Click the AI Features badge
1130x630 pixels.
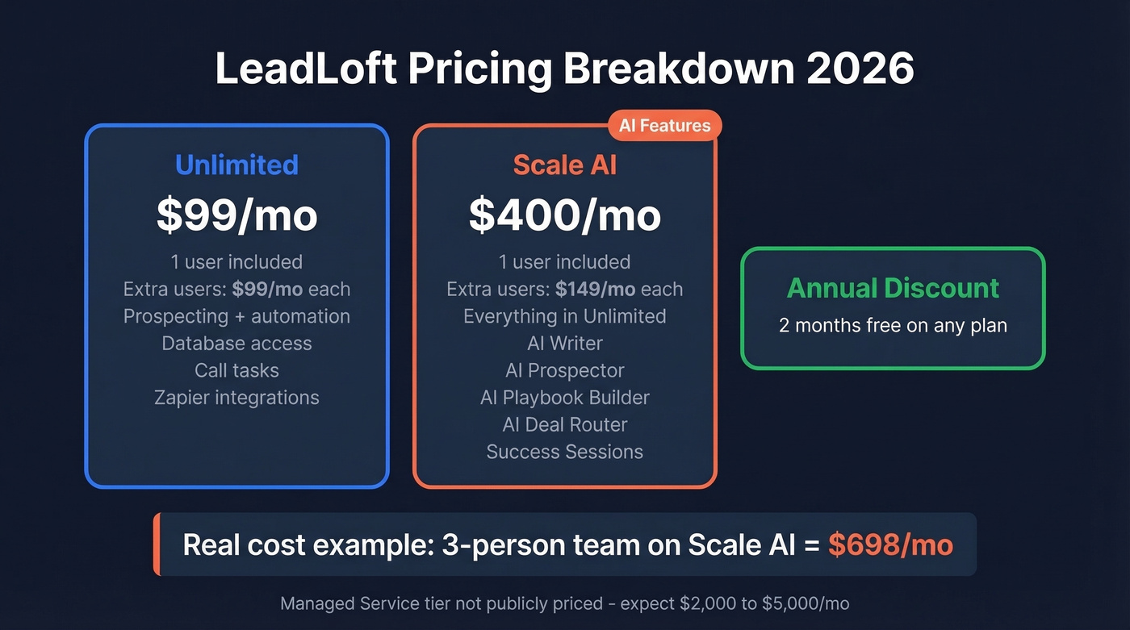(x=664, y=126)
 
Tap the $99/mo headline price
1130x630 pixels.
(x=236, y=215)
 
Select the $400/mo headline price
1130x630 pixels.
(x=564, y=215)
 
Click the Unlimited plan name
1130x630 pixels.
(x=236, y=165)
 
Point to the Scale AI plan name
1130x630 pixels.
(x=564, y=165)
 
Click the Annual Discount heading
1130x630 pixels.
(x=893, y=288)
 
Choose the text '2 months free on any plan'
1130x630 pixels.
(x=893, y=325)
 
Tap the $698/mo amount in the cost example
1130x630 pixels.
(x=890, y=544)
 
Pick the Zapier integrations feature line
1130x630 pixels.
(x=236, y=398)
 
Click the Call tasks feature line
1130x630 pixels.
(x=236, y=370)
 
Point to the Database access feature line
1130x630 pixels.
(x=236, y=344)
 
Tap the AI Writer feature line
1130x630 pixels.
(x=564, y=344)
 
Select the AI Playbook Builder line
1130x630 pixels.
(x=564, y=398)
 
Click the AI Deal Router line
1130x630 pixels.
(x=564, y=424)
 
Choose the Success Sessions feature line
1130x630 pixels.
(x=564, y=452)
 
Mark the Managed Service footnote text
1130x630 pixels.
(x=564, y=603)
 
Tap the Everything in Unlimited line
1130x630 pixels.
(x=564, y=316)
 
